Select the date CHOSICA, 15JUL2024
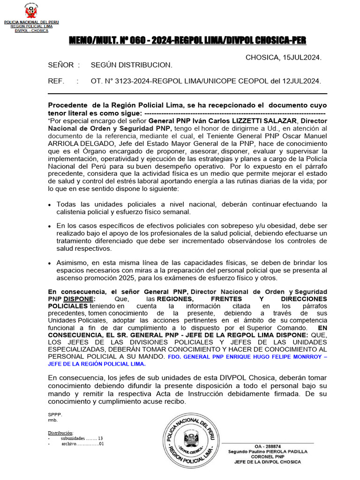(283, 57)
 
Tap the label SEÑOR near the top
(60, 65)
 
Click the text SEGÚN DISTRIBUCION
(131, 65)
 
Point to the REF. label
(56, 81)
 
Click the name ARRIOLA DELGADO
(77, 144)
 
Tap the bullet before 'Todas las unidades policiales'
(50, 205)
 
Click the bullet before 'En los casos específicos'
(50, 226)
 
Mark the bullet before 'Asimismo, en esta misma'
(50, 263)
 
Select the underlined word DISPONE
(79, 299)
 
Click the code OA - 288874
(268, 446)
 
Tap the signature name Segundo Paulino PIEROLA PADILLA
(268, 451)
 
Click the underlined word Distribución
(61, 432)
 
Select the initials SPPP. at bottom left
(54, 414)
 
